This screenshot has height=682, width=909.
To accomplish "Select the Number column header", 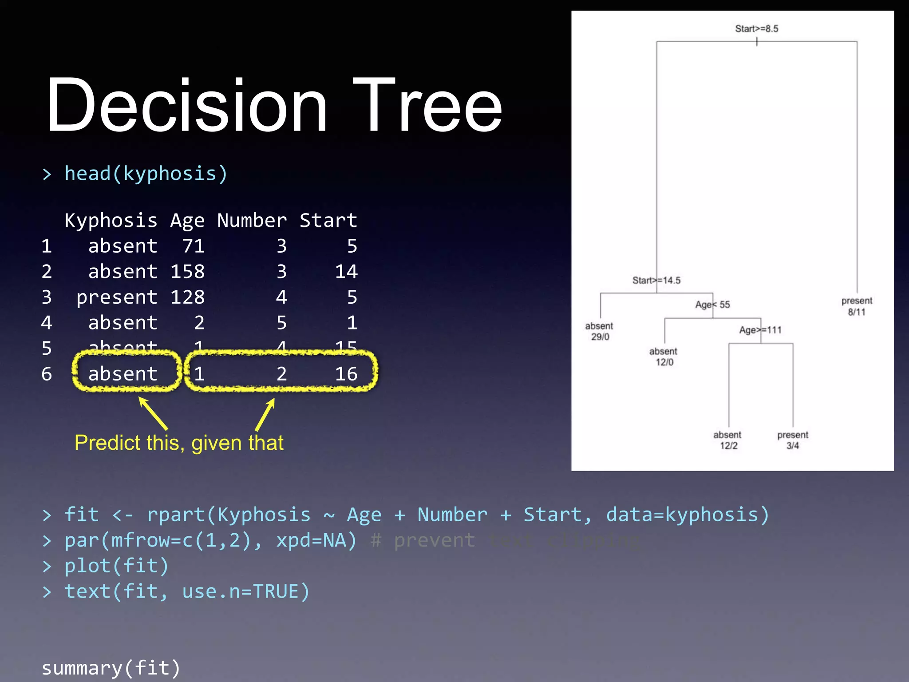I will (252, 220).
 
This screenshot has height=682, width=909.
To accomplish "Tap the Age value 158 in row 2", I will (187, 271).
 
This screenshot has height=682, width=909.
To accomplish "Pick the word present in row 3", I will (117, 297).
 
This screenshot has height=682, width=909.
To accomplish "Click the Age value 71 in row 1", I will (194, 246).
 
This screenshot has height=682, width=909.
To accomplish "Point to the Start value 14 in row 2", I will (346, 271).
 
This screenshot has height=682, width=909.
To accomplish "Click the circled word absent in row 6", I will (123, 374).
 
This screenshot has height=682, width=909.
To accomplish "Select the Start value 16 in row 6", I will (346, 374).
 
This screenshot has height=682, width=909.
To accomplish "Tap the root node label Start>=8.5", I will (756, 29).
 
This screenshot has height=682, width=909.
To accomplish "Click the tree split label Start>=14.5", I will (656, 280).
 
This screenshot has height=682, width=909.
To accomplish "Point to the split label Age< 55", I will (712, 305).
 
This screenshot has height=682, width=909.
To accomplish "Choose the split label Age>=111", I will (760, 330).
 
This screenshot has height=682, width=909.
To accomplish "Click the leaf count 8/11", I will (857, 312).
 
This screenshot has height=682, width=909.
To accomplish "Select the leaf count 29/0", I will (600, 337).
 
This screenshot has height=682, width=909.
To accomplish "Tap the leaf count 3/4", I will (793, 446).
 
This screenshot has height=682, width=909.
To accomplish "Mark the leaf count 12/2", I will (728, 446).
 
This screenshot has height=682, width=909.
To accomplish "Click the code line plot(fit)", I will (116, 566).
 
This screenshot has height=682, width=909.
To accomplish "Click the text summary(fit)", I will (111, 668).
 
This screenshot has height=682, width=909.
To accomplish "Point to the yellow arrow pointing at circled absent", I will (153, 413).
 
